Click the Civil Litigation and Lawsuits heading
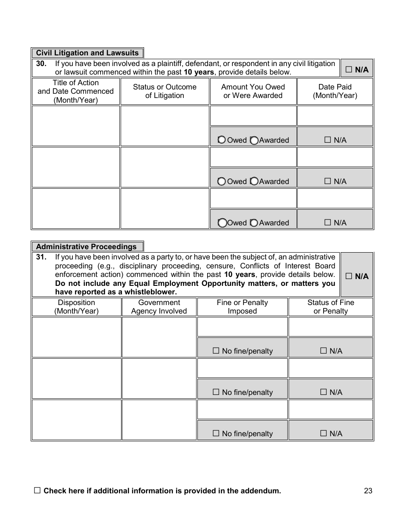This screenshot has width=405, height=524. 87,53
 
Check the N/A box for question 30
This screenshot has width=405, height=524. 349,69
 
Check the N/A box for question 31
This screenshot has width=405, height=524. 349,276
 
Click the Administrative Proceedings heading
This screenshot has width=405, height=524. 87,247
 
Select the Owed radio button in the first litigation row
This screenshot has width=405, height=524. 222,140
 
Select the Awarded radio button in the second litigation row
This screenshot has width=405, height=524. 254,181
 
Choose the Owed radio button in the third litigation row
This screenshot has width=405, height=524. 222,223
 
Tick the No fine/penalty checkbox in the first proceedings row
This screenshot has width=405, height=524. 216,351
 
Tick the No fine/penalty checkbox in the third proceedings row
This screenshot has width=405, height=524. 216,434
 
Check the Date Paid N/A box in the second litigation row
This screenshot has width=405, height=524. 328,181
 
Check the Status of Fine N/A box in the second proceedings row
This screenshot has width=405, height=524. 324,392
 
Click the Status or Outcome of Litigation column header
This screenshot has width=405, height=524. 165,91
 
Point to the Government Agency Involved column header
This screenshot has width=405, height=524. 159,307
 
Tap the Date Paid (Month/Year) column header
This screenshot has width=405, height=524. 335,91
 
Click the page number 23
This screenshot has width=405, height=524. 368,491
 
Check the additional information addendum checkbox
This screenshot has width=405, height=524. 37,491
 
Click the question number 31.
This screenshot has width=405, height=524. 41,257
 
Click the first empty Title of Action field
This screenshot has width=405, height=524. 76,126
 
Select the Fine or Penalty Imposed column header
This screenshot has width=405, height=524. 242,307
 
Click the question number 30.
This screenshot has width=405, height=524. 41,64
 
